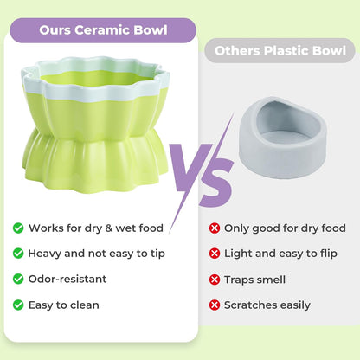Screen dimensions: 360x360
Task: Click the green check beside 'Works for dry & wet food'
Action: [18, 228]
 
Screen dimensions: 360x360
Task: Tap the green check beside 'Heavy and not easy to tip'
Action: [18, 254]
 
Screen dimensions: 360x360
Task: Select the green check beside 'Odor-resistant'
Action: [18, 280]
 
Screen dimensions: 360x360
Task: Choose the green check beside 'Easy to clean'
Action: [18, 305]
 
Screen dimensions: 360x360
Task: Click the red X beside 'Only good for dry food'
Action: [214, 228]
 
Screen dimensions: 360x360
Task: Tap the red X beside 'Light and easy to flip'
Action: [214, 254]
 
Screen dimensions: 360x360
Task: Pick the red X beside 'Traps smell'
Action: [214, 280]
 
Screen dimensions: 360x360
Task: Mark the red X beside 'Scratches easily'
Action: [214, 305]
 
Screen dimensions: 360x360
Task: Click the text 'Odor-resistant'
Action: [67, 280]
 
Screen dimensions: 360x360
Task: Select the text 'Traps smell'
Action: [254, 280]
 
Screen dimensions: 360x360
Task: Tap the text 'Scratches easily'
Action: [267, 305]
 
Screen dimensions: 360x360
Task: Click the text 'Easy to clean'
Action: [64, 305]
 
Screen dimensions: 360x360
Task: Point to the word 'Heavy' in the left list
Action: [45, 254]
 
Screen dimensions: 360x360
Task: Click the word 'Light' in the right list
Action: [238, 254]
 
